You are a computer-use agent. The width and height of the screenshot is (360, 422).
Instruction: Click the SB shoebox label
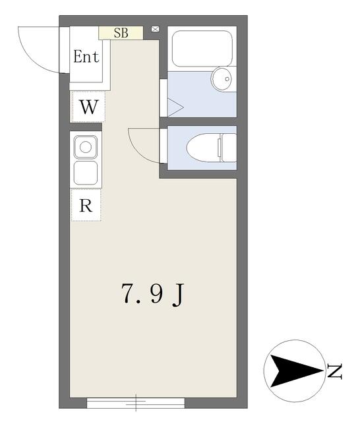121,33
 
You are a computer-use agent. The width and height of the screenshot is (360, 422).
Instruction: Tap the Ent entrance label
86,57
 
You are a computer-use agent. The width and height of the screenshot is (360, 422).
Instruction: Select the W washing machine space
88,107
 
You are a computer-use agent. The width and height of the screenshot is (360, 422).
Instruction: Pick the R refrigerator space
86,205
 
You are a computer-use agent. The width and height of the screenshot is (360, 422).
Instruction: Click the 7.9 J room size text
153,294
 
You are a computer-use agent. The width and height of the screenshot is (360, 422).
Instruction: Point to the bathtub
202,48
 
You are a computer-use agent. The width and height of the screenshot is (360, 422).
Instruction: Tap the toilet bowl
204,148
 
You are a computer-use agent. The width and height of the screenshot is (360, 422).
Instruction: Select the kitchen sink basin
86,147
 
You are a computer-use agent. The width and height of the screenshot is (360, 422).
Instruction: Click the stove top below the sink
86,173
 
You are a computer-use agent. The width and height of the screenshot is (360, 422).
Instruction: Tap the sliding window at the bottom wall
136,403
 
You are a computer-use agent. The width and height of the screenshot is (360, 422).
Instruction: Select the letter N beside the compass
335,371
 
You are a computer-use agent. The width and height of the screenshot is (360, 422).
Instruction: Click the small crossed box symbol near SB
155,29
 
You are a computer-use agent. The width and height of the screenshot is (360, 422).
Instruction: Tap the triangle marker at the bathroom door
175,107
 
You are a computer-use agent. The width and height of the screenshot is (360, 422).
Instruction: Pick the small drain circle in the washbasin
227,79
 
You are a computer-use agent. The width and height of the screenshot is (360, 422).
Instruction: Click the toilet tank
229,148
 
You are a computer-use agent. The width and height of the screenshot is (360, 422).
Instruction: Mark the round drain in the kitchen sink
86,147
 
